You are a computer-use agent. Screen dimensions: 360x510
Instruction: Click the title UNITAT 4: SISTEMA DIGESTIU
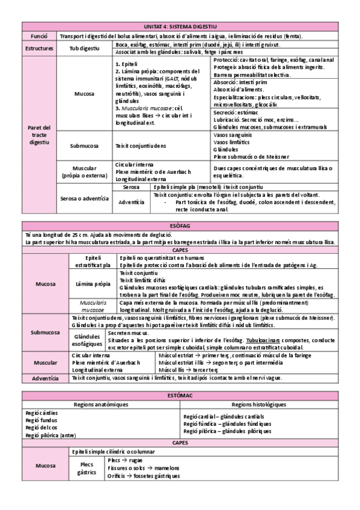(180, 27)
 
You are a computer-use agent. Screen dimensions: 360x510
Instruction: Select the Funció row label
(39, 36)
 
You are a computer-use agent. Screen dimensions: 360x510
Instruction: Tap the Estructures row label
(39, 48)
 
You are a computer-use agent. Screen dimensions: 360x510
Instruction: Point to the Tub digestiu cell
(84, 48)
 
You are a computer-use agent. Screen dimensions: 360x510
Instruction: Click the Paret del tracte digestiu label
(39, 135)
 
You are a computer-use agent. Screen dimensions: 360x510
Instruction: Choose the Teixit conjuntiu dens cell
(140, 146)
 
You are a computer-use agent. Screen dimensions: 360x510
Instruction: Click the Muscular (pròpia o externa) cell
(84, 171)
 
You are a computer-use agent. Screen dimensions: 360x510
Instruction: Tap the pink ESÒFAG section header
(180, 226)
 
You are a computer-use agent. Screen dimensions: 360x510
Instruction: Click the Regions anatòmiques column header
(100, 404)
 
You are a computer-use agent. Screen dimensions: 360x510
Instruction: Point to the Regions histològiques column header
(258, 404)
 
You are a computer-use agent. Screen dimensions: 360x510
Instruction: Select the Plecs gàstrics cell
(87, 468)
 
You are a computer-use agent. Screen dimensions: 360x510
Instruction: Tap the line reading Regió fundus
(41, 420)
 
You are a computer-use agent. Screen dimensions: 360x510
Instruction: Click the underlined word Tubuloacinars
(255, 340)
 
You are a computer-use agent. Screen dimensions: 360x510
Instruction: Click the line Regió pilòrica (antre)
(50, 435)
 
